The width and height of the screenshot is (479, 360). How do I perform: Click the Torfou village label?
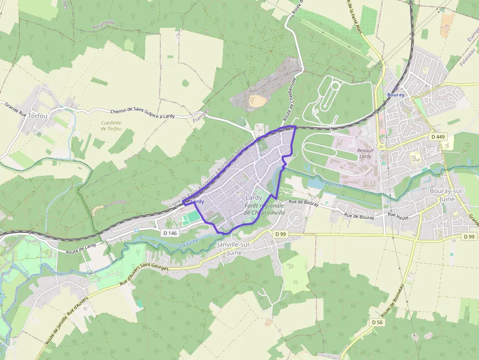click(38, 116)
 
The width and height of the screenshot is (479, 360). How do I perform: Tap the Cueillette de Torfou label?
click(111, 126)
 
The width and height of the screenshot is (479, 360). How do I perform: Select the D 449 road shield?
click(437, 137)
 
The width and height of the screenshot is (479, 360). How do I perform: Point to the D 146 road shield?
click(170, 233)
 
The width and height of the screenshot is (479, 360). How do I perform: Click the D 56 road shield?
click(376, 322)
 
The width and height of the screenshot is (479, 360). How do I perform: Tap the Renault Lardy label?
click(365, 153)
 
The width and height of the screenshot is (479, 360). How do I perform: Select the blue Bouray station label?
click(395, 95)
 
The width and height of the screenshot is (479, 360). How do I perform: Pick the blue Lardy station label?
click(197, 201)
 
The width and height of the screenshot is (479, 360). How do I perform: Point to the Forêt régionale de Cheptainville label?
click(264, 210)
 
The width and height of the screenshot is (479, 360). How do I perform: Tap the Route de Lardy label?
click(81, 249)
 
